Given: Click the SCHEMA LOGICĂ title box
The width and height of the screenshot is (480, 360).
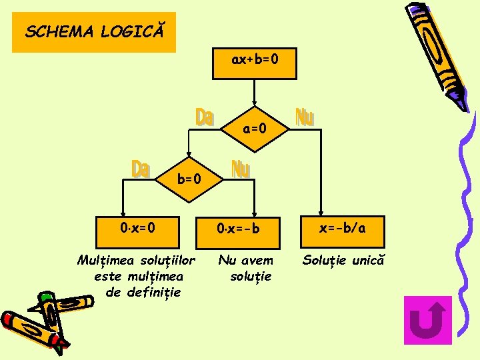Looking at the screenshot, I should point(93,31).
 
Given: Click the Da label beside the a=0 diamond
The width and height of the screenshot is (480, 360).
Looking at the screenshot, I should point(205,117).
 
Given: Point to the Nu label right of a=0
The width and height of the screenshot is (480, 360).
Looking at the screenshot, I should point(304,117).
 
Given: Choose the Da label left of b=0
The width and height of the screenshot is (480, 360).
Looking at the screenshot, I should point(140,169).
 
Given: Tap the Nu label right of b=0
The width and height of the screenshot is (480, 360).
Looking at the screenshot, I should point(241,169).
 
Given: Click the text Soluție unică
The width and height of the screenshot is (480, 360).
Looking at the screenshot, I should point(343,259).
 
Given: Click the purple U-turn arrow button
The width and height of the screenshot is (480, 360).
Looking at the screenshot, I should point(428,320).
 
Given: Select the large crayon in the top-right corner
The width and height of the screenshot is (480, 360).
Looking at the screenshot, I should point(437,53).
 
